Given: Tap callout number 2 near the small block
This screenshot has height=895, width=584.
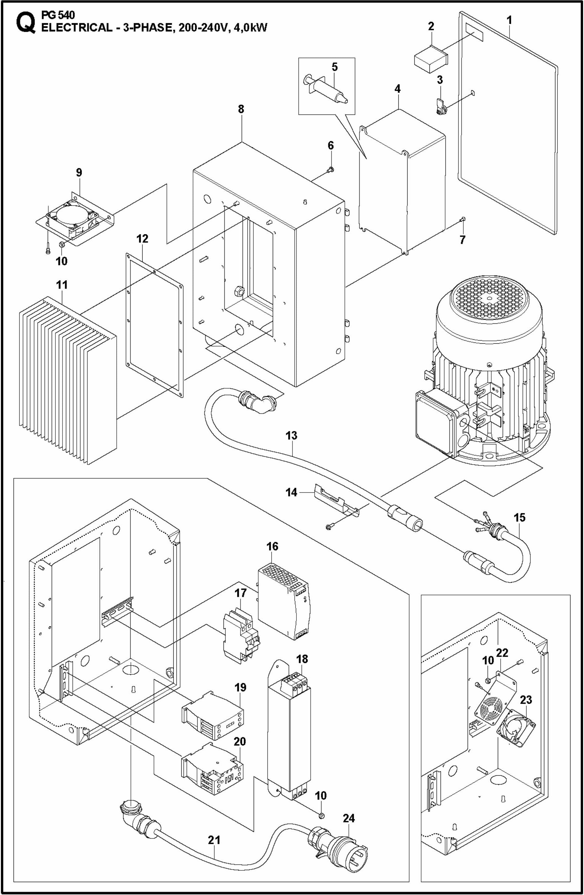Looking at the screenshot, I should tap(431, 26).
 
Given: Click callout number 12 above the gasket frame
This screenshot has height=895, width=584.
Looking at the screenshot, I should tap(143, 238).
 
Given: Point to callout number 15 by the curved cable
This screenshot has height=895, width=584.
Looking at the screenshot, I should tap(520, 517).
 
